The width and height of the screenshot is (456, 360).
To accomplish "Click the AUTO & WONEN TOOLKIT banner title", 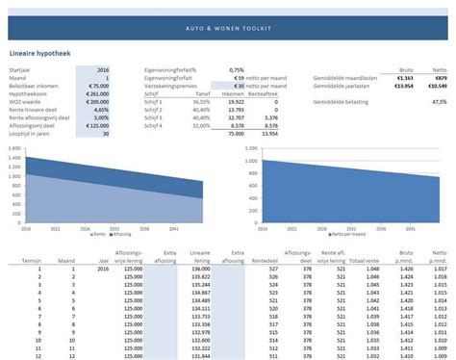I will (228, 28).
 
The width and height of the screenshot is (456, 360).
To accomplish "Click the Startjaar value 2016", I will (102, 70).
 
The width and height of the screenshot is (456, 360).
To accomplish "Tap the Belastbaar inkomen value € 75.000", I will (97, 85).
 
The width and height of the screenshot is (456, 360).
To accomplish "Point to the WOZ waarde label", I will (27, 100).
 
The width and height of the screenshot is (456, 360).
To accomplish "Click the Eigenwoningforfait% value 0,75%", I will (236, 70).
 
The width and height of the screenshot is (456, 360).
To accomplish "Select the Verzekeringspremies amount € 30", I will (236, 85).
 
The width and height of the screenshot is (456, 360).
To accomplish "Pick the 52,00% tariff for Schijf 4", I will (201, 124).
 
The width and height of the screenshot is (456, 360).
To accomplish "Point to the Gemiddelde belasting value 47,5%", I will (438, 100).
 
